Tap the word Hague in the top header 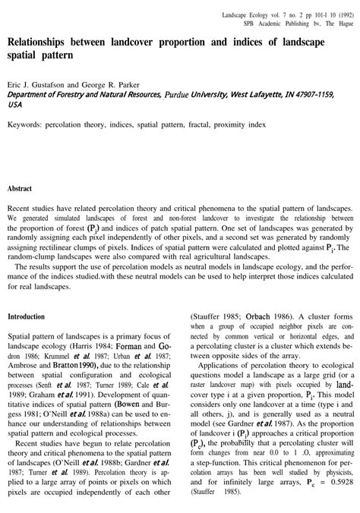point(341,24)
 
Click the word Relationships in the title point(46,42)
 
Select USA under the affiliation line point(15,105)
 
